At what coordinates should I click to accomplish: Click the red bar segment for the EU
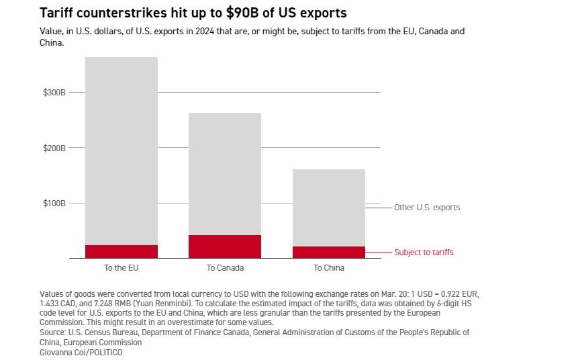pos(122,251)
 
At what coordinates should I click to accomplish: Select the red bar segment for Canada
pos(225,246)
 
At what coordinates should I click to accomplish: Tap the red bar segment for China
pos(329,252)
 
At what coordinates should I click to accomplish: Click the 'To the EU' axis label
pos(122,268)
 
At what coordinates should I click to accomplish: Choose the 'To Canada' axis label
pos(225,268)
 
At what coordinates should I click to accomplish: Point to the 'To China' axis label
pos(329,268)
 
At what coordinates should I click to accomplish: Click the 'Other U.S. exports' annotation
pos(427,208)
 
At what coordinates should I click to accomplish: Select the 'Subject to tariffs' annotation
pos(424,253)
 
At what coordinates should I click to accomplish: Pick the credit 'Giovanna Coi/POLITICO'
pos(81,352)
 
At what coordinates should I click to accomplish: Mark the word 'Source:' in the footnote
pos(53,332)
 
